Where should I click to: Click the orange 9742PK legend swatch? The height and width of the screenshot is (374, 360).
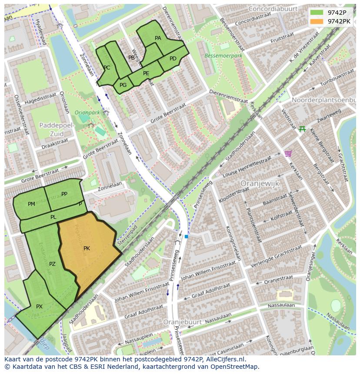pyautogui.click(x=317, y=21)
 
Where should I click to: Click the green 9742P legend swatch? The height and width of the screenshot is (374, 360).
pyautogui.click(x=317, y=12)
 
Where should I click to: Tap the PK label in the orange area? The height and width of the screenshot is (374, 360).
pyautogui.click(x=87, y=248)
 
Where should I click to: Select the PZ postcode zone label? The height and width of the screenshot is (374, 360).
pyautogui.click(x=52, y=264)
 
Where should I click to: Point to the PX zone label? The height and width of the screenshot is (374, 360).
pyautogui.click(x=39, y=307)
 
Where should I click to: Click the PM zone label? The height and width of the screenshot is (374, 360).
pyautogui.click(x=31, y=204)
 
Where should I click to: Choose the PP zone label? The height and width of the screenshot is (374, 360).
pyautogui.click(x=64, y=194)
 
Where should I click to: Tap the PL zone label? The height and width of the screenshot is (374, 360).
pyautogui.click(x=53, y=217)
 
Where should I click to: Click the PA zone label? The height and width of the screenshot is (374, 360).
pyautogui.click(x=158, y=38)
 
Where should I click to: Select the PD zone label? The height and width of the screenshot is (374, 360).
pyautogui.click(x=173, y=59)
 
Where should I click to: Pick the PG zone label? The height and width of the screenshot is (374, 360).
pyautogui.click(x=123, y=85)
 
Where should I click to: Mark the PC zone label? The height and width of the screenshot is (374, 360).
pyautogui.click(x=107, y=68)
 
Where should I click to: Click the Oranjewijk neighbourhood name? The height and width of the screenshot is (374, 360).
pyautogui.click(x=260, y=184)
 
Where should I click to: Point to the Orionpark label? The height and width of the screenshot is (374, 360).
pyautogui.click(x=87, y=113)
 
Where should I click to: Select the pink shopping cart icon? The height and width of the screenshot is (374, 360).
pyautogui.click(x=287, y=153)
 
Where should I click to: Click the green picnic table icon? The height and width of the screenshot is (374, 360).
pyautogui.click(x=302, y=129)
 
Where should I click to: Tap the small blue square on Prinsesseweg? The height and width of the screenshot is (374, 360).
pyautogui.click(x=186, y=236)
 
